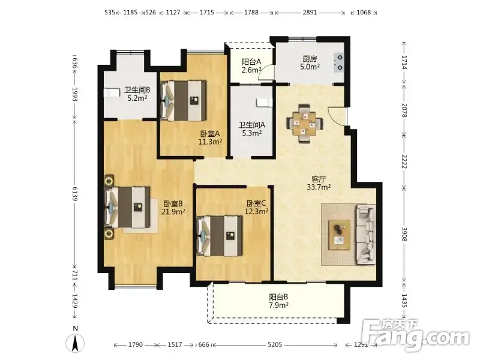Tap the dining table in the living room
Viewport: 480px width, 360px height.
click(304, 124)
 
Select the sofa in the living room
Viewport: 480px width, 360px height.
click(365, 234)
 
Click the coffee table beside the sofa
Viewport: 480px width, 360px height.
click(339, 235)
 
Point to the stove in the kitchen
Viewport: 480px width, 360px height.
click(338, 62)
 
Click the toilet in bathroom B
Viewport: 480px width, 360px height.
click(112, 93)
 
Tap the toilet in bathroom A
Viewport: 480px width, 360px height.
click(264, 103)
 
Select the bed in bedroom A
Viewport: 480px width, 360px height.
click(184, 101)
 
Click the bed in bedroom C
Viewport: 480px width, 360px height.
click(220, 235)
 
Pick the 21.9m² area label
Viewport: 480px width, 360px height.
click(173, 212)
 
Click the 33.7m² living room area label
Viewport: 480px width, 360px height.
click(319, 187)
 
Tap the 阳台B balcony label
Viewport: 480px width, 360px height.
click(278, 297)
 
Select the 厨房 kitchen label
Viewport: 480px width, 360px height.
click(310, 58)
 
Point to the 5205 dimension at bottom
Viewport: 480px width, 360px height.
click(275, 344)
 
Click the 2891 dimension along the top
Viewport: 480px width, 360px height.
click(310, 13)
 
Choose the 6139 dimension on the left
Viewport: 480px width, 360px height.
click(75, 193)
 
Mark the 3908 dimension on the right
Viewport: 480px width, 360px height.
click(404, 234)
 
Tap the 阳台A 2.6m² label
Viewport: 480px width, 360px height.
click(251, 66)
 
